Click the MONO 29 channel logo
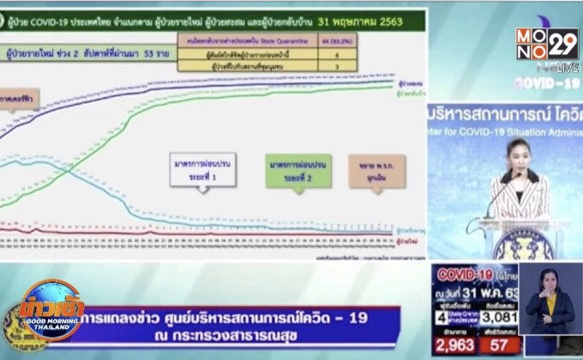click(547, 44)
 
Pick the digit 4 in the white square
click(438, 315)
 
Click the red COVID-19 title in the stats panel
click(466, 276)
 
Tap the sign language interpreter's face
click(550, 283)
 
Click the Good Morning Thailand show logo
click(52, 315)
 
